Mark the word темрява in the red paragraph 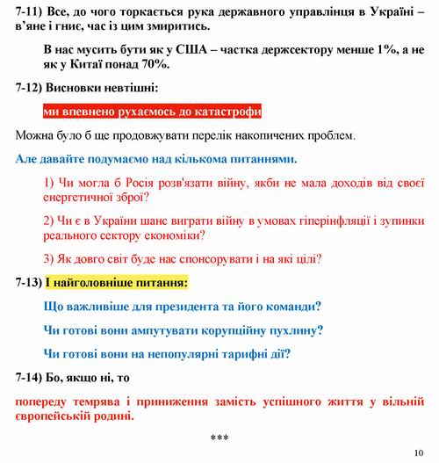[104, 402]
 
